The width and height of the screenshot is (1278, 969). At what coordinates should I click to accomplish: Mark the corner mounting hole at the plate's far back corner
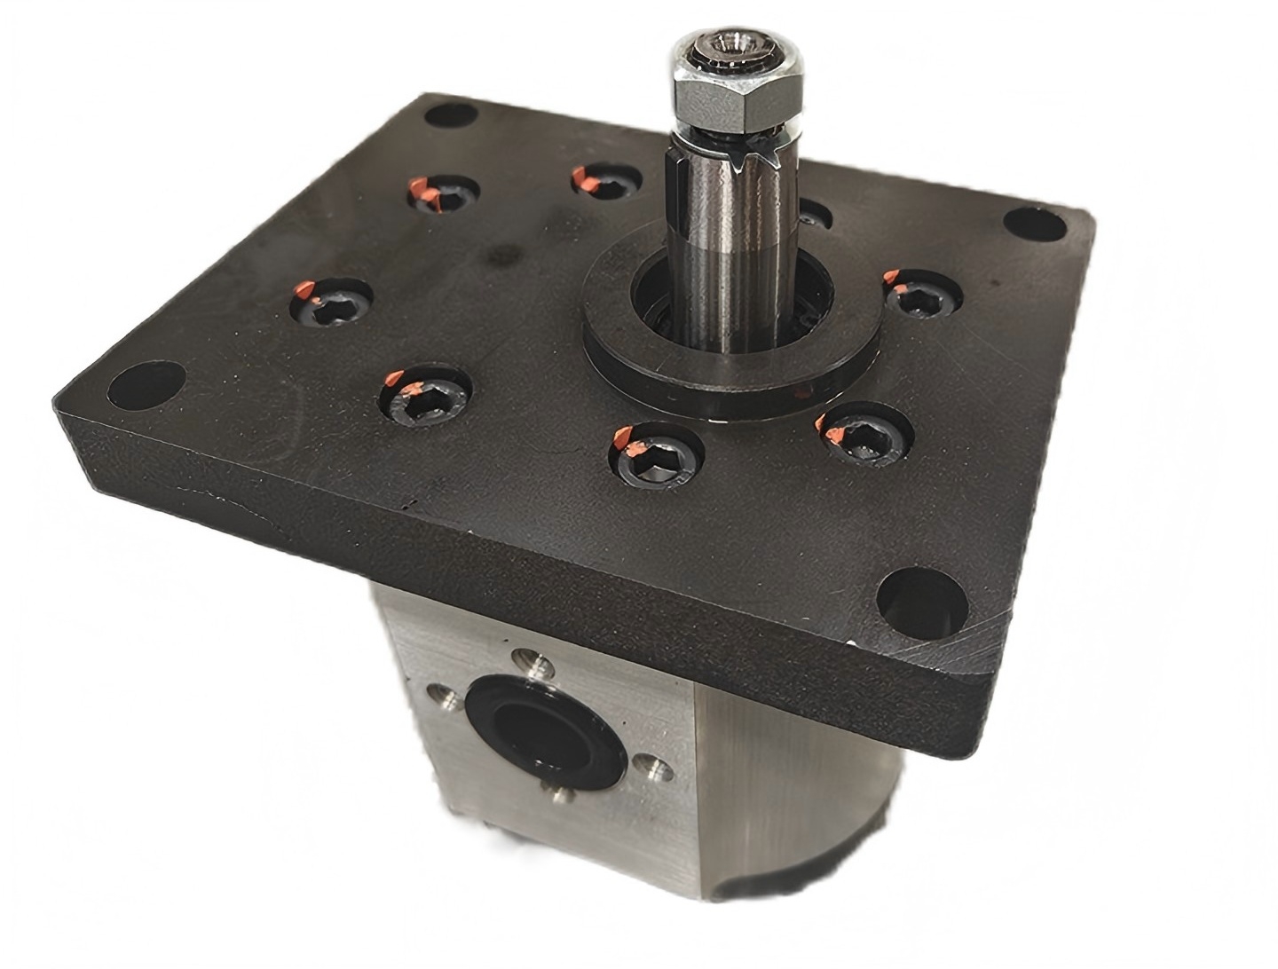point(450,117)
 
